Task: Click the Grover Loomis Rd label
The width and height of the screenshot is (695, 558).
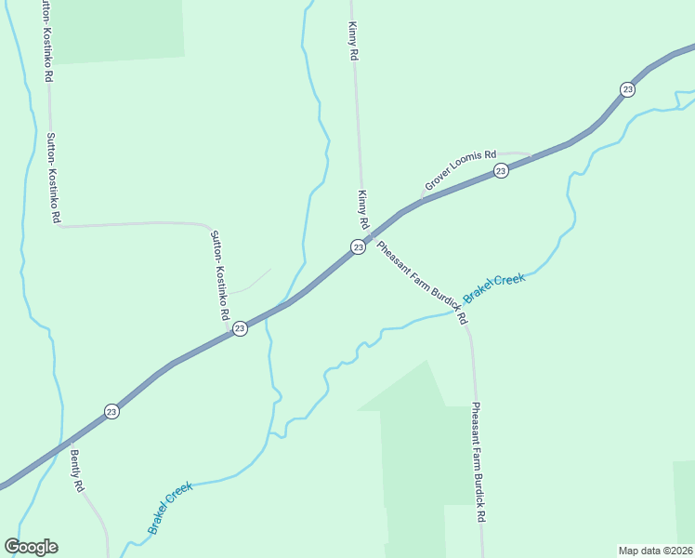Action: coord(461,171)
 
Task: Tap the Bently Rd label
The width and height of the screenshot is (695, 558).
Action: coord(78,472)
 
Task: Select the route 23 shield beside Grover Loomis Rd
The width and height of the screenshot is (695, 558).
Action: coord(501,170)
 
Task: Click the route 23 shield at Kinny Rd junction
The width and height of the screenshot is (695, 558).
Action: coord(358,246)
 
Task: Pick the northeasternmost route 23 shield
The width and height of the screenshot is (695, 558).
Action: coord(627,89)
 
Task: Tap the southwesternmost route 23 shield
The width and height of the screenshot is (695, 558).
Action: coord(111,411)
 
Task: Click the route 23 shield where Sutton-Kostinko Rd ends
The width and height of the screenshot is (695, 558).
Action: coord(240,328)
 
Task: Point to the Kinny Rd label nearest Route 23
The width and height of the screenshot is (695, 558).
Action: coord(363,211)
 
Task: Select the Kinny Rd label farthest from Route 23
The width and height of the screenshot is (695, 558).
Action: coord(353,42)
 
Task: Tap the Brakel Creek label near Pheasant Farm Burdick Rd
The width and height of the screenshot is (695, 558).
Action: coord(494,286)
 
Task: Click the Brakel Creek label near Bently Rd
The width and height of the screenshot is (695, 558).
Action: coord(169,508)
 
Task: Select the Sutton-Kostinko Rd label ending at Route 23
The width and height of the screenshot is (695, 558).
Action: coord(219,275)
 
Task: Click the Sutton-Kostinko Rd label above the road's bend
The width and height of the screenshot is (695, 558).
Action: coord(53,177)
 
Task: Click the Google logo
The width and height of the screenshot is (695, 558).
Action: coord(32,547)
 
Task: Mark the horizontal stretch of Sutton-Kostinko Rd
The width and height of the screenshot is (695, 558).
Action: coord(130,224)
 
